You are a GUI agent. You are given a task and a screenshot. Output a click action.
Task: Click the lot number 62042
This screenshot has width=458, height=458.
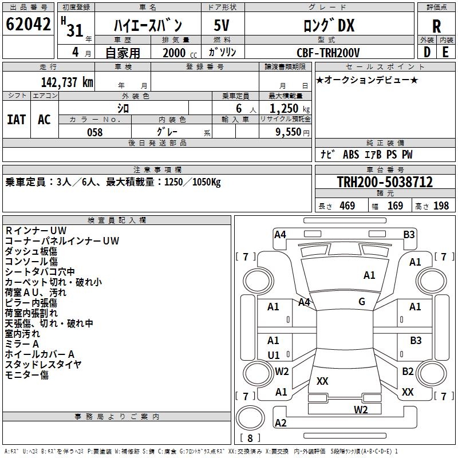[x=28, y=24]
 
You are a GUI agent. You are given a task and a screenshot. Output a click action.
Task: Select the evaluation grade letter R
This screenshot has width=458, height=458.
[x=436, y=26]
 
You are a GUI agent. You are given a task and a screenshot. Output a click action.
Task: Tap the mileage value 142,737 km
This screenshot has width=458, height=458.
[x=67, y=82]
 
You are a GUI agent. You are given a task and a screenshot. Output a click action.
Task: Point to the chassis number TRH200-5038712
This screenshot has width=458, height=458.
[x=385, y=181]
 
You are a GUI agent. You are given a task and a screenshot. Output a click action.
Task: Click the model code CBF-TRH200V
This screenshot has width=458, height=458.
[x=328, y=53]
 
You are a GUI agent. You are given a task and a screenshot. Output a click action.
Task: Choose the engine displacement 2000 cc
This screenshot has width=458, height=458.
[x=180, y=53]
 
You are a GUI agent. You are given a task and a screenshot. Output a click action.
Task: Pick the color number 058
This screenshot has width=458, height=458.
[x=95, y=132]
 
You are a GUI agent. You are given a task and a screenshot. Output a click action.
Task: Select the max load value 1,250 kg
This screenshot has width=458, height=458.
[x=290, y=109]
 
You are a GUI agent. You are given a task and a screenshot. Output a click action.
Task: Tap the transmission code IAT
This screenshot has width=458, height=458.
[x=17, y=120]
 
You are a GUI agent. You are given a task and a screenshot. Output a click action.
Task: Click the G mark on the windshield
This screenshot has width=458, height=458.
[x=362, y=301]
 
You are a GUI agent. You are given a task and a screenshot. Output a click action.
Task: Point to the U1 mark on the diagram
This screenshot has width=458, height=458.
[x=274, y=355]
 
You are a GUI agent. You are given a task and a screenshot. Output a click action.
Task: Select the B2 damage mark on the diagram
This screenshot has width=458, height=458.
[x=408, y=371]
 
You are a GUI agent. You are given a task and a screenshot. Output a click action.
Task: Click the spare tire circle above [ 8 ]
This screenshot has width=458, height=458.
[x=250, y=418]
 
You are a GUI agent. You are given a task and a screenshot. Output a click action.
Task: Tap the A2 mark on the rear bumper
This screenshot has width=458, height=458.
[x=281, y=423]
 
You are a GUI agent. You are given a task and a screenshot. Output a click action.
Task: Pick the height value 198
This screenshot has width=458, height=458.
[x=441, y=206]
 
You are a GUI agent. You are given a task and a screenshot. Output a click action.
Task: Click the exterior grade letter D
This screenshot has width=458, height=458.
[x=427, y=52]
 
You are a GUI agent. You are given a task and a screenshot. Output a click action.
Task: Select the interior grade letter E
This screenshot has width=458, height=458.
[x=445, y=52]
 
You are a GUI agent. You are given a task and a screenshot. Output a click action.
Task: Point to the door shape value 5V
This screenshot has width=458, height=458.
[x=222, y=25]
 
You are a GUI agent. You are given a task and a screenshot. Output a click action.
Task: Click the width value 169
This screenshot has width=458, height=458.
[x=395, y=206]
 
